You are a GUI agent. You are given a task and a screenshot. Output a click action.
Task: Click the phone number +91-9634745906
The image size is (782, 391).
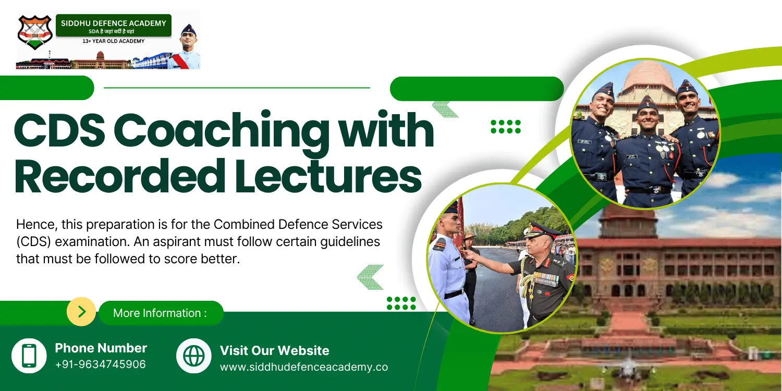point(100,364)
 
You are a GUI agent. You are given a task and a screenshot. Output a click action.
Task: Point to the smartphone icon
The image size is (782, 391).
point(29,356)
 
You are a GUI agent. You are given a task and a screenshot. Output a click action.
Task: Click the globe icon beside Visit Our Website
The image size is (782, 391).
point(194,356)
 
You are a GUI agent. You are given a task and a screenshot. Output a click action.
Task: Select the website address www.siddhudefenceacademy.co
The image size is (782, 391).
point(303,367)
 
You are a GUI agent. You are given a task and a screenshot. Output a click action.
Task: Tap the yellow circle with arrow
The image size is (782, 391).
point(81,312)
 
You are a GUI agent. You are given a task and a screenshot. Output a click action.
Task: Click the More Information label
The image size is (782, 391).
point(160,313)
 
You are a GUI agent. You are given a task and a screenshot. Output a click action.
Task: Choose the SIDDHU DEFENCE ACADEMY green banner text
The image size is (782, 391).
point(113,23)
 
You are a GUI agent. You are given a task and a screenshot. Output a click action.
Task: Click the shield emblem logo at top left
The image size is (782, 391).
point(34,32)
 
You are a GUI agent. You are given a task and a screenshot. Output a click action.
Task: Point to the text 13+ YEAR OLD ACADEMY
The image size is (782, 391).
point(113,41)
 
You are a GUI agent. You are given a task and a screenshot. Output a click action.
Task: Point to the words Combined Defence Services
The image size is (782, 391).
point(298,225)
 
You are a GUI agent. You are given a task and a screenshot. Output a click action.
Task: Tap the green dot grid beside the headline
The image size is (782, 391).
point(506,127)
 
